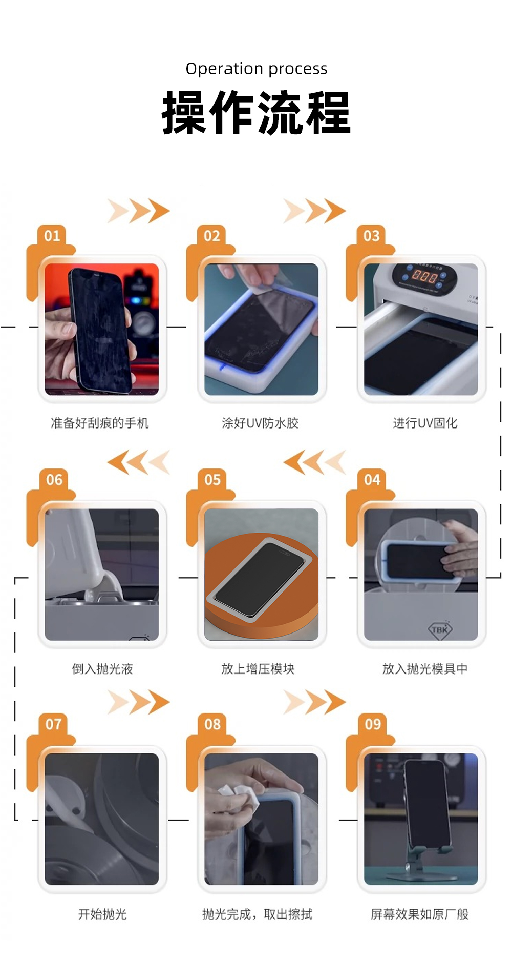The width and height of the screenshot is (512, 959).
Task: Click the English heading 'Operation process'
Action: click(256, 69)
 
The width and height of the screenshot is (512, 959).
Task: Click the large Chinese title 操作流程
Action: click(256, 113)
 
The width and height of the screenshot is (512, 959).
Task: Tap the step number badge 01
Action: click(52, 236)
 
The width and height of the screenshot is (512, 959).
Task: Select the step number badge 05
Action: click(212, 480)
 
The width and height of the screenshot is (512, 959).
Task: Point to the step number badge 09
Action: click(373, 724)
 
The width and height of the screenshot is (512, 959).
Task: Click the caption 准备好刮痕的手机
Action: click(100, 423)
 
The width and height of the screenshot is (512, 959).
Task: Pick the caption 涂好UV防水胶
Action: click(260, 423)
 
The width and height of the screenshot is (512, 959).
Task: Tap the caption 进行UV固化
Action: click(425, 423)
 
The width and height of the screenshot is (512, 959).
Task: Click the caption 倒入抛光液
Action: click(102, 669)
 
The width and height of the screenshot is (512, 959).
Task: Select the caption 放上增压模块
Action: click(258, 669)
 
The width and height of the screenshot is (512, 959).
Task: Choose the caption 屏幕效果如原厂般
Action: click(420, 914)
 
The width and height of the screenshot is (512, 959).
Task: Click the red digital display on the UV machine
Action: click(424, 277)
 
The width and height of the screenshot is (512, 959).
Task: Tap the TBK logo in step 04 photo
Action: click(440, 629)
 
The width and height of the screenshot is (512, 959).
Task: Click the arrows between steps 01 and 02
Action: click(139, 211)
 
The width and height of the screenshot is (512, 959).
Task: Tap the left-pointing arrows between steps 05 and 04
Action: click(314, 462)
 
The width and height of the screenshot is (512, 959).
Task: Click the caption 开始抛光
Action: click(102, 914)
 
